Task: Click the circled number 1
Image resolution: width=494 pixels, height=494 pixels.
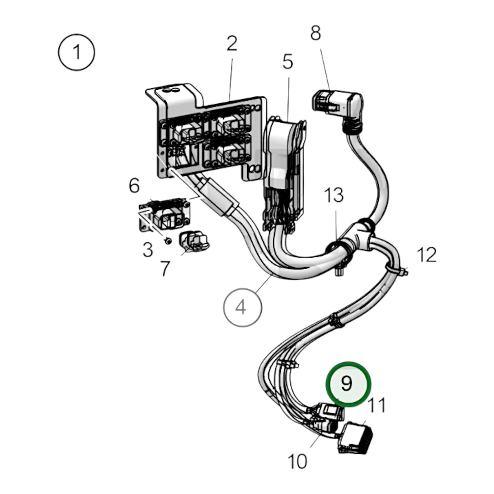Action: [x=77, y=52]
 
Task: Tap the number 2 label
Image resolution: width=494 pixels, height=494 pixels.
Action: [x=232, y=43]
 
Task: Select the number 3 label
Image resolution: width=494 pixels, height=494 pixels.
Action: [x=148, y=249]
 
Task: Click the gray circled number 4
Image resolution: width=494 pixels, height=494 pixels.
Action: [x=242, y=307]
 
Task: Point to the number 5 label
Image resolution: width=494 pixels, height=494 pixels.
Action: [x=287, y=61]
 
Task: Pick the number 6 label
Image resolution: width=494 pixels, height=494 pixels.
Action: [x=134, y=186]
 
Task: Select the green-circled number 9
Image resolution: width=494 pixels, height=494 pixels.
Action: [x=348, y=384]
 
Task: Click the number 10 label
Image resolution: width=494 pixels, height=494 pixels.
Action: [x=297, y=461]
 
